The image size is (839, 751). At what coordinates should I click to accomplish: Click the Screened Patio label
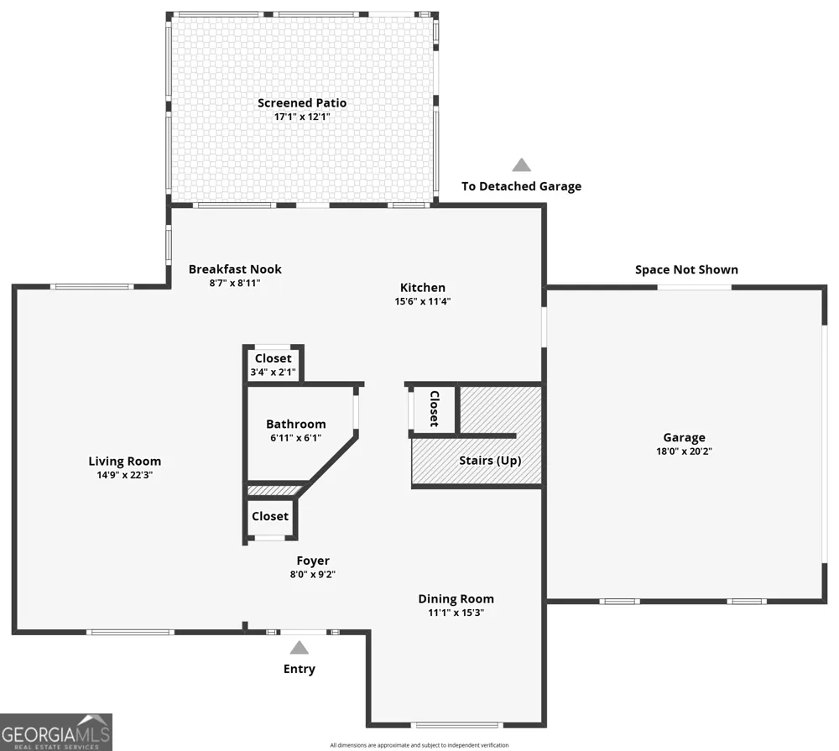pos(302,102)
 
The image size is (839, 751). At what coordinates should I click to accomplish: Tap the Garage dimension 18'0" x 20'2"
pos(684,451)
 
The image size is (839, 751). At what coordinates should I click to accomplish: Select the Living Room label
pos(125,462)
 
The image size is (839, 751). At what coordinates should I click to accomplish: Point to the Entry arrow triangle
pos(300,648)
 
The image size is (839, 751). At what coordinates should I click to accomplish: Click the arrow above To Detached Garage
pos(522,164)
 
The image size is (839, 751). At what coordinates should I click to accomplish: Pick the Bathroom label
pos(296,424)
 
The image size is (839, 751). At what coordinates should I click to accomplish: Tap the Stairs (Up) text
pos(490,461)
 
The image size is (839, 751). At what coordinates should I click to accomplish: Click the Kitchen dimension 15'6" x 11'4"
pos(423,301)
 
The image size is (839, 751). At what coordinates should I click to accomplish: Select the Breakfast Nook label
pos(235,269)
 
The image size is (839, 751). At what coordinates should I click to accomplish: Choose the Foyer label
pos(313,561)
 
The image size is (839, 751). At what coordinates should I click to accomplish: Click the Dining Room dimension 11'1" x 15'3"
pos(456,613)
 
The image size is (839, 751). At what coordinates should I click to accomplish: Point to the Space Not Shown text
pos(686,270)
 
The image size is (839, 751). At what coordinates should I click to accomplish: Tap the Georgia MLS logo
pos(56,732)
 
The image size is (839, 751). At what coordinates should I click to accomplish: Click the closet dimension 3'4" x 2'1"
pos(273,372)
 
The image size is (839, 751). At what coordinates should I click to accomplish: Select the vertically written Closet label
pos(435,409)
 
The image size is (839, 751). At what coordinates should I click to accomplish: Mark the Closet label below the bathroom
pos(270,516)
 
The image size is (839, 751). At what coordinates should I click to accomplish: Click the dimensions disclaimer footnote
pos(419,745)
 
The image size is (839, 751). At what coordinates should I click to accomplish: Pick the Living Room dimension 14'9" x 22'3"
pos(125,475)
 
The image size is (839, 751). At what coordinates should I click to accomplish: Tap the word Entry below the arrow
pos(300,669)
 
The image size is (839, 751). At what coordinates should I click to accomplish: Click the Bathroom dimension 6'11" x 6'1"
pos(296,438)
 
